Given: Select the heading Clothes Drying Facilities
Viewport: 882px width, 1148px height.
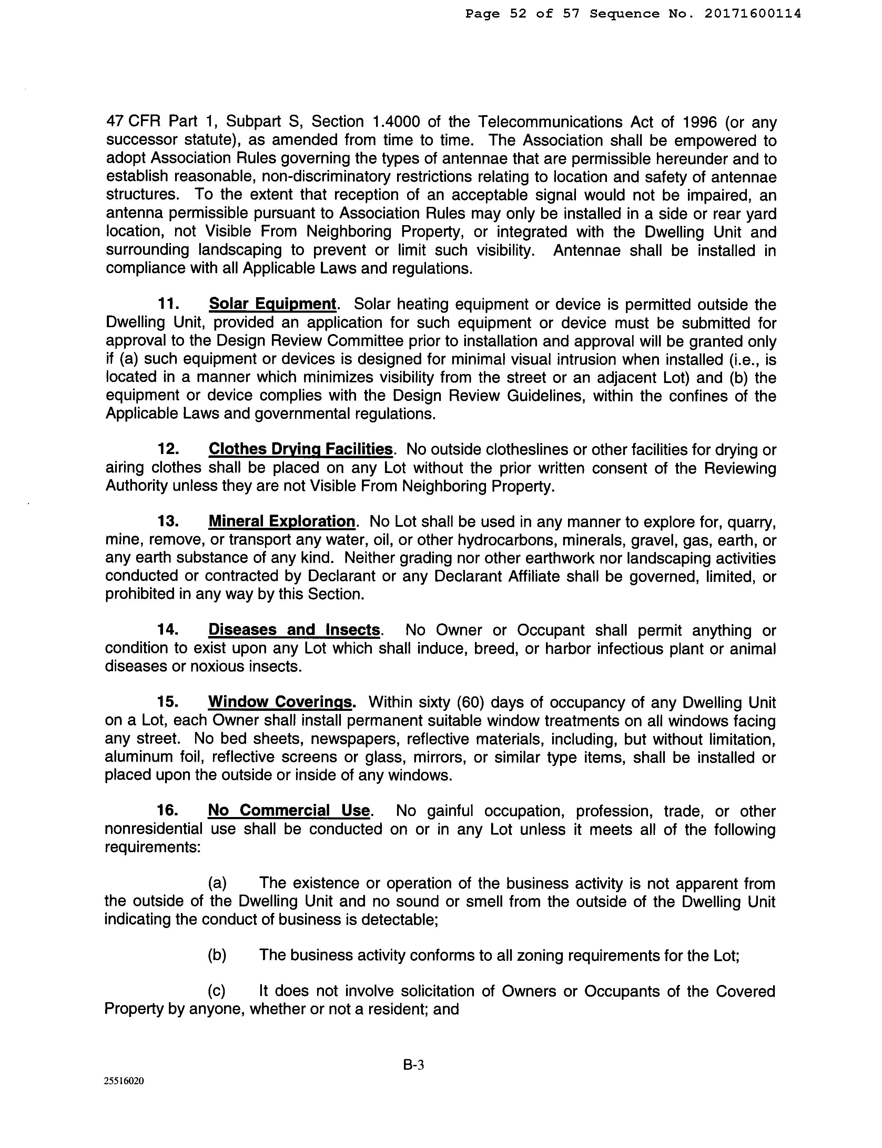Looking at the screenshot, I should pyautogui.click(x=300, y=450).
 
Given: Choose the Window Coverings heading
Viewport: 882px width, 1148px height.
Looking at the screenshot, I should pyautogui.click(x=280, y=702).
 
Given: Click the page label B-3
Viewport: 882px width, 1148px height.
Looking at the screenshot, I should pyautogui.click(x=413, y=1065).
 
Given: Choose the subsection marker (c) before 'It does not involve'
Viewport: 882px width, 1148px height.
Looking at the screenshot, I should pyautogui.click(x=217, y=991).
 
